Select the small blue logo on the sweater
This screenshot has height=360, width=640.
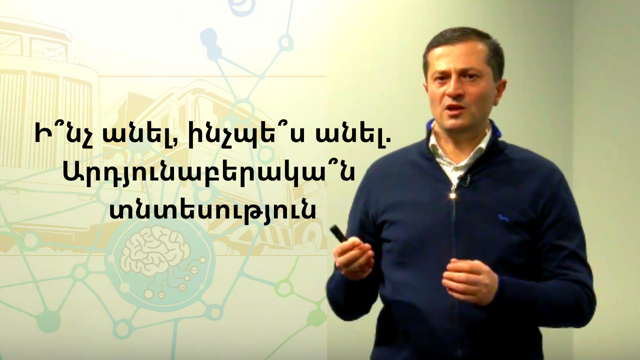(x=503, y=218)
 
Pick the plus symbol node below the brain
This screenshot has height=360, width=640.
(x=183, y=286)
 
